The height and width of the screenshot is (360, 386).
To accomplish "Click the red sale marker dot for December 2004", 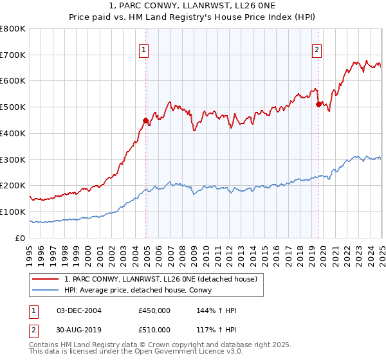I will click(146, 120).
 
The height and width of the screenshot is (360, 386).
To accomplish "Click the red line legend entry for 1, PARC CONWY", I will click(161, 278).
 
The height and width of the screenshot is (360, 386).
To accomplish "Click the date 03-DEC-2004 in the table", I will click(79, 310).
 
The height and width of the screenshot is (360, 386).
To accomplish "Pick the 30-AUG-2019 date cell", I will click(79, 330).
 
